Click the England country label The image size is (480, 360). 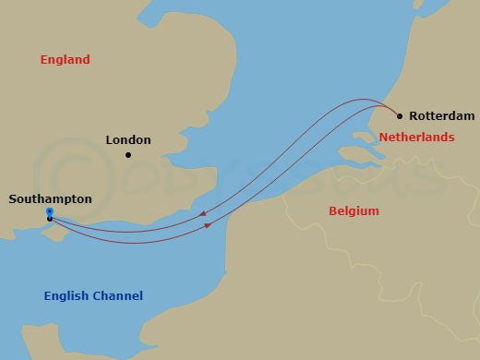[x=65, y=60]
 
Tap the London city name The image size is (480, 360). [x=128, y=140]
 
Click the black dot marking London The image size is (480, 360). [x=128, y=155]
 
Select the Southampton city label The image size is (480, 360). [x=50, y=198]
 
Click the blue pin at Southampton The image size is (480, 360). [x=49, y=212]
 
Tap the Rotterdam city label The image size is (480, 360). [x=441, y=116]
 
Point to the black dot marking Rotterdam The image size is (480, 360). [x=400, y=116]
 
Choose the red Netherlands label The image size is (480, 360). [x=416, y=138]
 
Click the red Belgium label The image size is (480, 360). [x=354, y=211]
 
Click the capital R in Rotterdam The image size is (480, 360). [x=413, y=116]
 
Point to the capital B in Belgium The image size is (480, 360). [x=333, y=211]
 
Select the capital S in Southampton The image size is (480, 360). [x=12, y=198]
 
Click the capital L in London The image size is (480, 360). [x=110, y=140]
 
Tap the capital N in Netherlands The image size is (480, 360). [x=383, y=138]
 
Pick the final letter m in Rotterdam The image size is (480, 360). [x=470, y=116]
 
